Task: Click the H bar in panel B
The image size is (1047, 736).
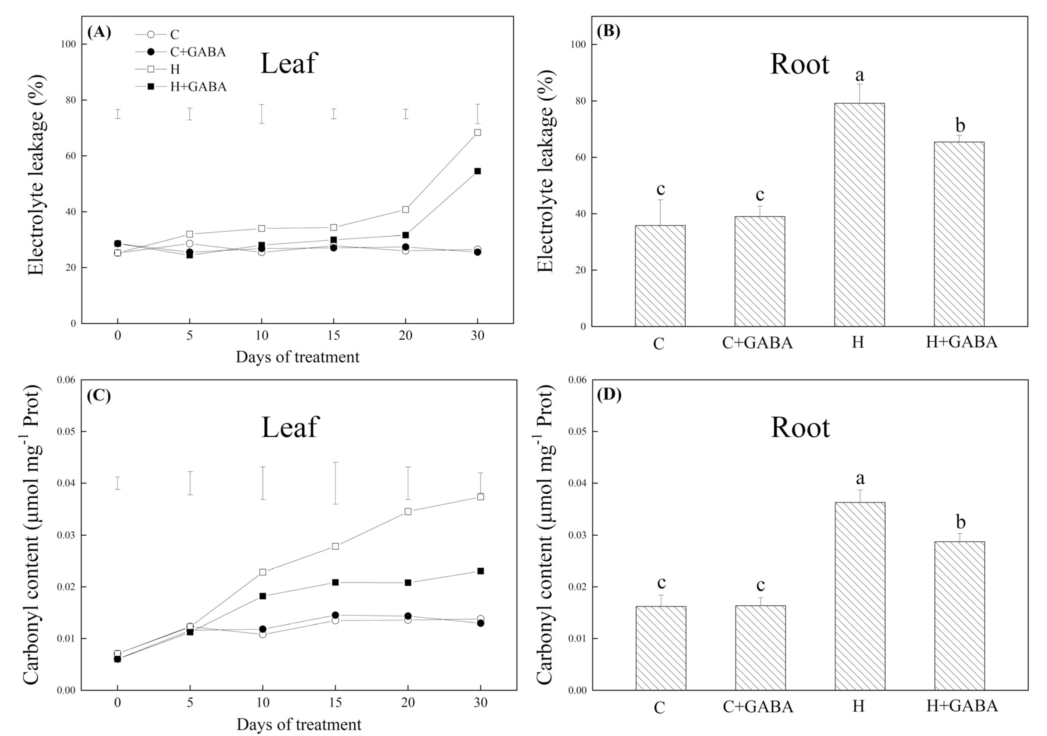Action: pos(859,214)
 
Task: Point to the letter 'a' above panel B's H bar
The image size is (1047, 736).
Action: pos(860,74)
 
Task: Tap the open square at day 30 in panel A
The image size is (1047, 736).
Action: pos(478,132)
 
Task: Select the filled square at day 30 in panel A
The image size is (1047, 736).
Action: pos(478,171)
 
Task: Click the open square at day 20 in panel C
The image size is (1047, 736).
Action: pos(408,512)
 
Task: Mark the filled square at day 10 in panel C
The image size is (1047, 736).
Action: pos(263,596)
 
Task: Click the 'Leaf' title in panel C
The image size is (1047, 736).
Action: pos(290,427)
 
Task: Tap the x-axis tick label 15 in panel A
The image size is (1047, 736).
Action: pos(333,336)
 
